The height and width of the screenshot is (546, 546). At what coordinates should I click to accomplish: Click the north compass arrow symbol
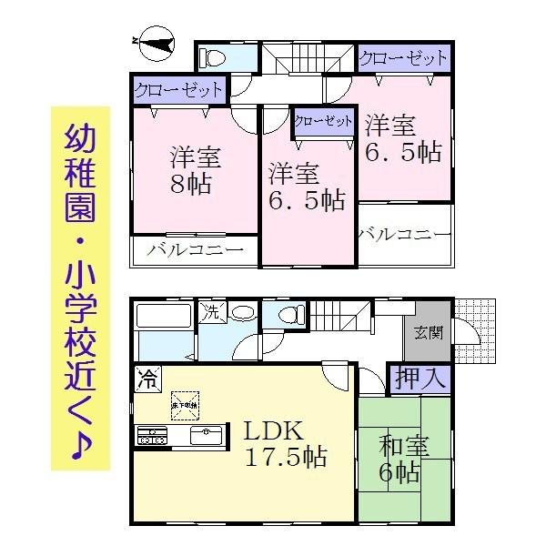(157, 42)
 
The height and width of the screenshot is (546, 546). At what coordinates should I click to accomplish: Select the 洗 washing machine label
(210, 310)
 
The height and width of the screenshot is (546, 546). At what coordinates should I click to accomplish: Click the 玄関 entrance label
(430, 333)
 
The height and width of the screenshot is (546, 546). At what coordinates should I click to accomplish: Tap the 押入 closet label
(419, 378)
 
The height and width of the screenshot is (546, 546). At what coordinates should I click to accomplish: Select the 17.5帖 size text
(285, 457)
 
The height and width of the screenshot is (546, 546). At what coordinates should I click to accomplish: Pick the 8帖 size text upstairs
(189, 183)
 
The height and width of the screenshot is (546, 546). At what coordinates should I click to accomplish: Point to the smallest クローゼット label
(323, 121)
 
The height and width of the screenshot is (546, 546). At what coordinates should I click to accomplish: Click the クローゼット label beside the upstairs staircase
(403, 58)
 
